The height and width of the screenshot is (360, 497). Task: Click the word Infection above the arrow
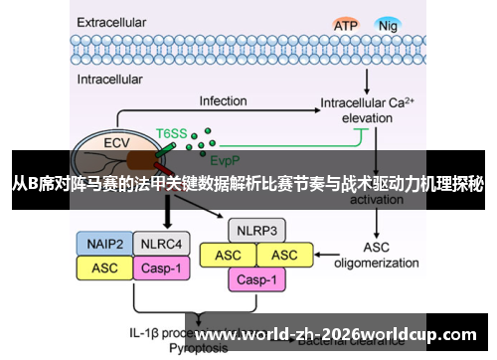(x=223, y=100)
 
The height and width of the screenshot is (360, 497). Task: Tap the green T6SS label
(x=172, y=130)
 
